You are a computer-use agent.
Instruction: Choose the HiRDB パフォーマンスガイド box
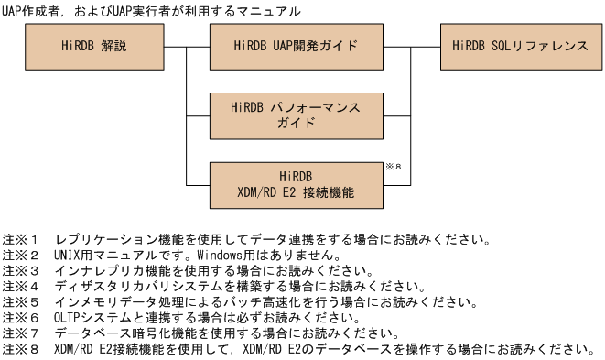click(x=294, y=115)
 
